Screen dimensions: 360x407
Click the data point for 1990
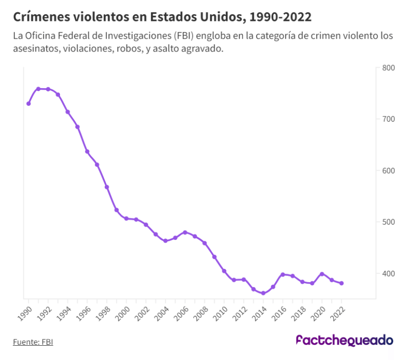click(x=28, y=103)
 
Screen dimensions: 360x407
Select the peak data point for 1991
click(x=38, y=89)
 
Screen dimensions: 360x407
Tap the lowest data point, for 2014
click(x=263, y=293)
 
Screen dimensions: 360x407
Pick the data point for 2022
click(x=341, y=283)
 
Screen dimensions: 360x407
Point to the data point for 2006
click(x=185, y=232)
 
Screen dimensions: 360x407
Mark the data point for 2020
click(x=322, y=274)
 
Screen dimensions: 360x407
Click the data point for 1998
click(x=107, y=187)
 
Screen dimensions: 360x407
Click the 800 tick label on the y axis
click(x=388, y=68)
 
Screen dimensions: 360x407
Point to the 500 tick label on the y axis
click(x=388, y=222)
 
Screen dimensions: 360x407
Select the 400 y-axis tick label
click(x=388, y=273)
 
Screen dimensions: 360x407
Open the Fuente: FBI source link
click(x=33, y=342)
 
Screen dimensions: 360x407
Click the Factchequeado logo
click(x=344, y=341)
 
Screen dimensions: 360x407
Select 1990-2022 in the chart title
click(x=281, y=17)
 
